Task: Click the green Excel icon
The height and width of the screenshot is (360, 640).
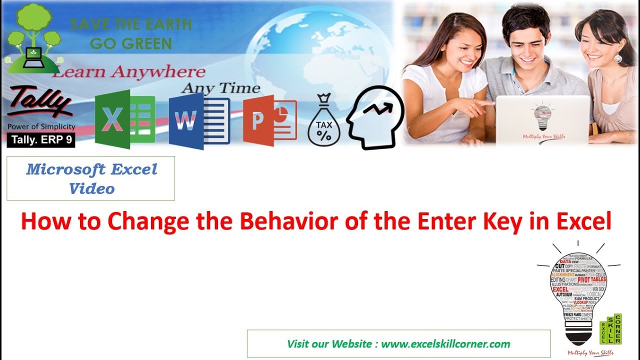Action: point(125,119)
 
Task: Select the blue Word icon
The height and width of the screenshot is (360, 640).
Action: point(199,120)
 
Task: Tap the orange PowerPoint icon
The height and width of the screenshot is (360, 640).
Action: point(269,120)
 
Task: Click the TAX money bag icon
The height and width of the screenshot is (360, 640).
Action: point(323,122)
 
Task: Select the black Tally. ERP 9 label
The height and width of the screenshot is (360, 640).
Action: point(41,140)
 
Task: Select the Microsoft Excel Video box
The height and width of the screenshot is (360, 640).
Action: point(91,178)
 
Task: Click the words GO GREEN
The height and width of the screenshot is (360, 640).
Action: point(131,43)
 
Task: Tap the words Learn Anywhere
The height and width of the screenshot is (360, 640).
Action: point(129,72)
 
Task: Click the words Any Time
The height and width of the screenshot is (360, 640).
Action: point(220,88)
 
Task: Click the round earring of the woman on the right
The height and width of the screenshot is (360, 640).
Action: point(618,58)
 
